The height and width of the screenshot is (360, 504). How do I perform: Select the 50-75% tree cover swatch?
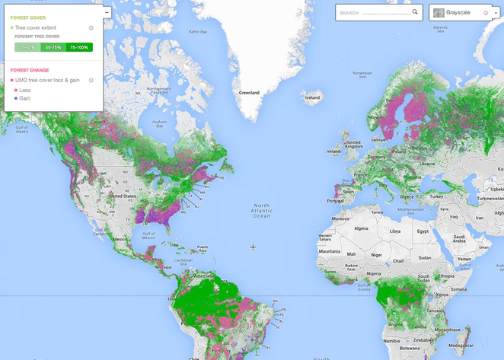[x=53, y=47]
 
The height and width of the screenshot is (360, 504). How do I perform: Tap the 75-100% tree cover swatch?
[x=78, y=47]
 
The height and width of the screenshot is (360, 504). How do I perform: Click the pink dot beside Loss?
[x=15, y=90]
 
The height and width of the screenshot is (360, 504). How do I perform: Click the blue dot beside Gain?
[x=15, y=98]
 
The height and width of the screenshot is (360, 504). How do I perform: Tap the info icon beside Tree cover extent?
[x=91, y=27]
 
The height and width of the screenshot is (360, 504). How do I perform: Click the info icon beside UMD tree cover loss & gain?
[x=91, y=80]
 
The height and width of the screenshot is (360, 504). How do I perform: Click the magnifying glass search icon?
[x=415, y=12]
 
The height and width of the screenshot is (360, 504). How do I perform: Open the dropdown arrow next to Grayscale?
[x=495, y=13]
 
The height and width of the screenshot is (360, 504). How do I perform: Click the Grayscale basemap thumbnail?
[x=439, y=13]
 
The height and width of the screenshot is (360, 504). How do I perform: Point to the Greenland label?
[x=249, y=93]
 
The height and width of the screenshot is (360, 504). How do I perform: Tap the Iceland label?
[x=312, y=97]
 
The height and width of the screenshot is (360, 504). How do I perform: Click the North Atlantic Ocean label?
[x=262, y=210]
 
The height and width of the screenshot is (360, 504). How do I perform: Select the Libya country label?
[x=394, y=231]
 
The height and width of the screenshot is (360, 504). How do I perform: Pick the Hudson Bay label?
[x=158, y=122]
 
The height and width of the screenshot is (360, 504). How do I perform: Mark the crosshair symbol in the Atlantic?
[x=254, y=247]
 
